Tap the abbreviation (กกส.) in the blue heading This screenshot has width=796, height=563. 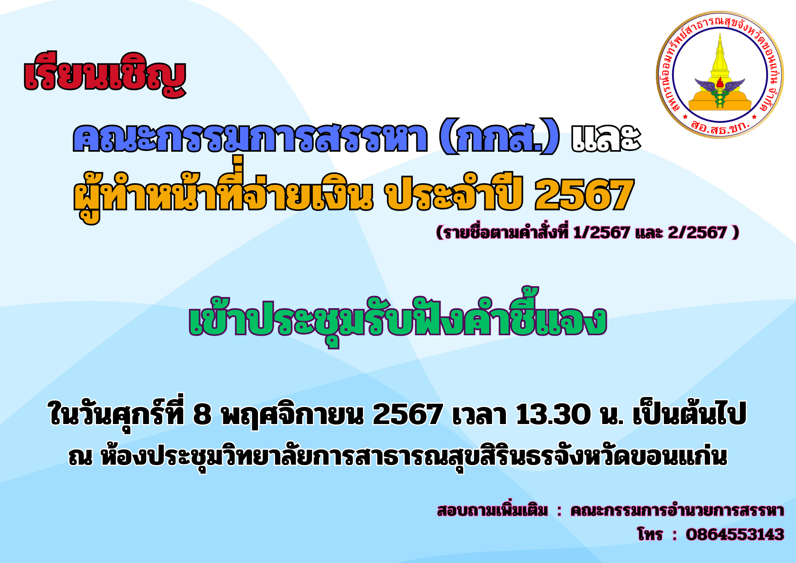point(499,137)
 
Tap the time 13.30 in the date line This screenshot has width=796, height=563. point(553,414)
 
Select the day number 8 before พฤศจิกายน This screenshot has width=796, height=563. point(202,414)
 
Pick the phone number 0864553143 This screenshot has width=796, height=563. point(735,534)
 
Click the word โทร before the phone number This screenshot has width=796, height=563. point(650,534)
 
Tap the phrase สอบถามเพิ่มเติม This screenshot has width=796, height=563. point(492,510)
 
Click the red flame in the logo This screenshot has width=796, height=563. point(720,83)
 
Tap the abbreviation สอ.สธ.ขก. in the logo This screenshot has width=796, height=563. point(720,126)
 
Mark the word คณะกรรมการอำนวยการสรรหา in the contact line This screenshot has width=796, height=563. point(677,510)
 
